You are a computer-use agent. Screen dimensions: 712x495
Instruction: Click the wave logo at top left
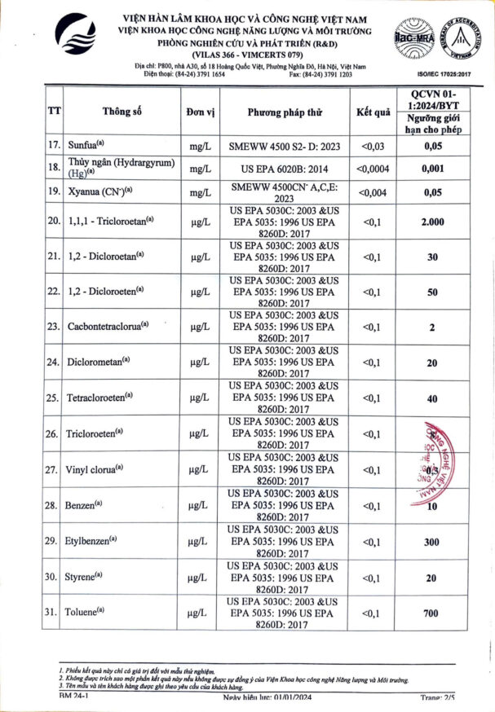pyautogui.click(x=69, y=40)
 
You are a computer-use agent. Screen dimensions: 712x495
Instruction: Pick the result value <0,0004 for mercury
pyautogui.click(x=372, y=169)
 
